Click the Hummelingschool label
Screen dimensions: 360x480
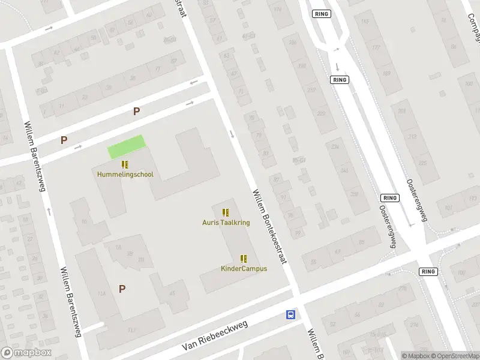click(125, 175)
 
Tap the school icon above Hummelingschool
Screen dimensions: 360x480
click(125, 164)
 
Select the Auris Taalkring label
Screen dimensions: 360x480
click(226, 222)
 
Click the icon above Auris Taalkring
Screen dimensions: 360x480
click(226, 212)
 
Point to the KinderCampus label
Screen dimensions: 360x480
click(244, 268)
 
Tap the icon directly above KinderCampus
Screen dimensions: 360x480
click(244, 259)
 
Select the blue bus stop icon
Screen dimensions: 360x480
click(290, 314)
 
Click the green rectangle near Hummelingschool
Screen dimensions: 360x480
click(127, 146)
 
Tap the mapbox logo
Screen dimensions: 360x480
click(26, 353)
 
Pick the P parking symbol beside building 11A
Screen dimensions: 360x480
click(122, 289)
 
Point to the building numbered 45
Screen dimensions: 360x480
click(172, 293)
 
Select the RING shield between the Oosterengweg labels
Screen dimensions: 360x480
click(390, 197)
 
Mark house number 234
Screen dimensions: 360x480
click(335, 148)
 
